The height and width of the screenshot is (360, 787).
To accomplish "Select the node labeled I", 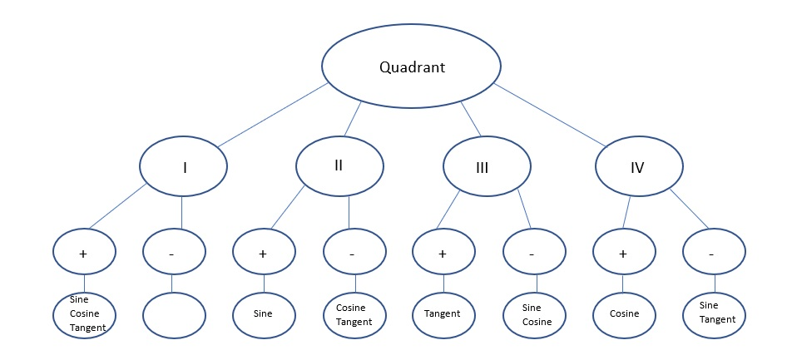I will tap(184, 167).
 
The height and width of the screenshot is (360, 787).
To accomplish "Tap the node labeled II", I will tap(339, 165).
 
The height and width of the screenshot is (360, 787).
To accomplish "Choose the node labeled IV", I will tap(638, 167).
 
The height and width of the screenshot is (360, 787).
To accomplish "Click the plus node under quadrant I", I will tap(83, 254).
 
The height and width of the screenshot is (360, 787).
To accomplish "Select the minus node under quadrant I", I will tap(172, 254).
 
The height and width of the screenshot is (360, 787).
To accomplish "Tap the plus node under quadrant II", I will tap(263, 254).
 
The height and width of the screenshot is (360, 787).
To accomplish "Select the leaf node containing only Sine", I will tap(263, 313).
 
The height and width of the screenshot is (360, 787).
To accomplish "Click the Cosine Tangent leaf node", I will tap(353, 313).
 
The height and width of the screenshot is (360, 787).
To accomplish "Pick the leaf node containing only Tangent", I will tap(443, 313).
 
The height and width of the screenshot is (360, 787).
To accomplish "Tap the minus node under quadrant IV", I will tap(713, 254).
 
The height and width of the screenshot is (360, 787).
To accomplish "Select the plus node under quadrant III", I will tap(443, 254).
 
